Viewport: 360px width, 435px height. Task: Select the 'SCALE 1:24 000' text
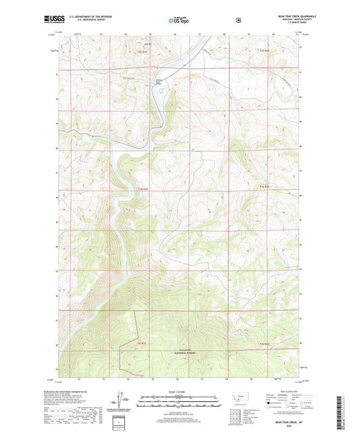[179, 392]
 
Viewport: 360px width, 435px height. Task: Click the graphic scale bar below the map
[179, 401]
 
